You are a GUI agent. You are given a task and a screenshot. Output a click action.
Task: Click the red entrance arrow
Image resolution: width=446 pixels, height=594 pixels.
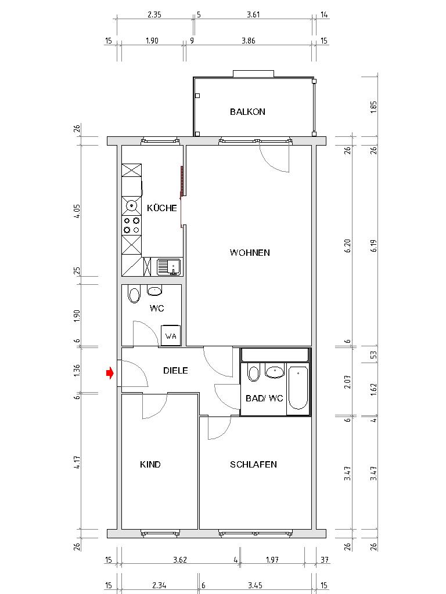tap(109, 374)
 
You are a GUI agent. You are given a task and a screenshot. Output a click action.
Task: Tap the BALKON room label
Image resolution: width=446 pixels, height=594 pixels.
tap(247, 112)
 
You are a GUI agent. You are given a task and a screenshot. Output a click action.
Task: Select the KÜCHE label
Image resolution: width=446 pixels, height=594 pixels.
tap(162, 208)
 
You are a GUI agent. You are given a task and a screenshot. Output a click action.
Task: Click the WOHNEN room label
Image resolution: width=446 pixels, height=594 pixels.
tap(250, 253)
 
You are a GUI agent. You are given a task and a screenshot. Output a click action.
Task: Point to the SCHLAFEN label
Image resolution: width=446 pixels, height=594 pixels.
tap(253, 465)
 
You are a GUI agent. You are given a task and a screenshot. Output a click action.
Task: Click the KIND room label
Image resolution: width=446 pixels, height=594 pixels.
tap(150, 465)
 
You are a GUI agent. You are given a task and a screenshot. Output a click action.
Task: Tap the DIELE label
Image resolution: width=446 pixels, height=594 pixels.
tap(175, 370)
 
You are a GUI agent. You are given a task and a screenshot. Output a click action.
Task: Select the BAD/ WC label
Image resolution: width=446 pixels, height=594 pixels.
tap(264, 399)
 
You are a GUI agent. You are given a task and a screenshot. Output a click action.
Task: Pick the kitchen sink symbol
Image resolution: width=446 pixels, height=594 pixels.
tap(169, 267)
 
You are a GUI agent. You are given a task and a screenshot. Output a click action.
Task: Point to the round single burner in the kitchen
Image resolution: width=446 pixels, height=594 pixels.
tap(132, 205)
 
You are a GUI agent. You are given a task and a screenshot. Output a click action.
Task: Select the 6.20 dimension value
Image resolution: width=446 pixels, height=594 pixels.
tap(347, 246)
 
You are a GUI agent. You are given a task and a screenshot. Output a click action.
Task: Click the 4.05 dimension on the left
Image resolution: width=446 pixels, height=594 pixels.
tap(77, 211)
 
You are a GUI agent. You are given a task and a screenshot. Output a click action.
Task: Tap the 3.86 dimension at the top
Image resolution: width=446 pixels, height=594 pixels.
tap(248, 41)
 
